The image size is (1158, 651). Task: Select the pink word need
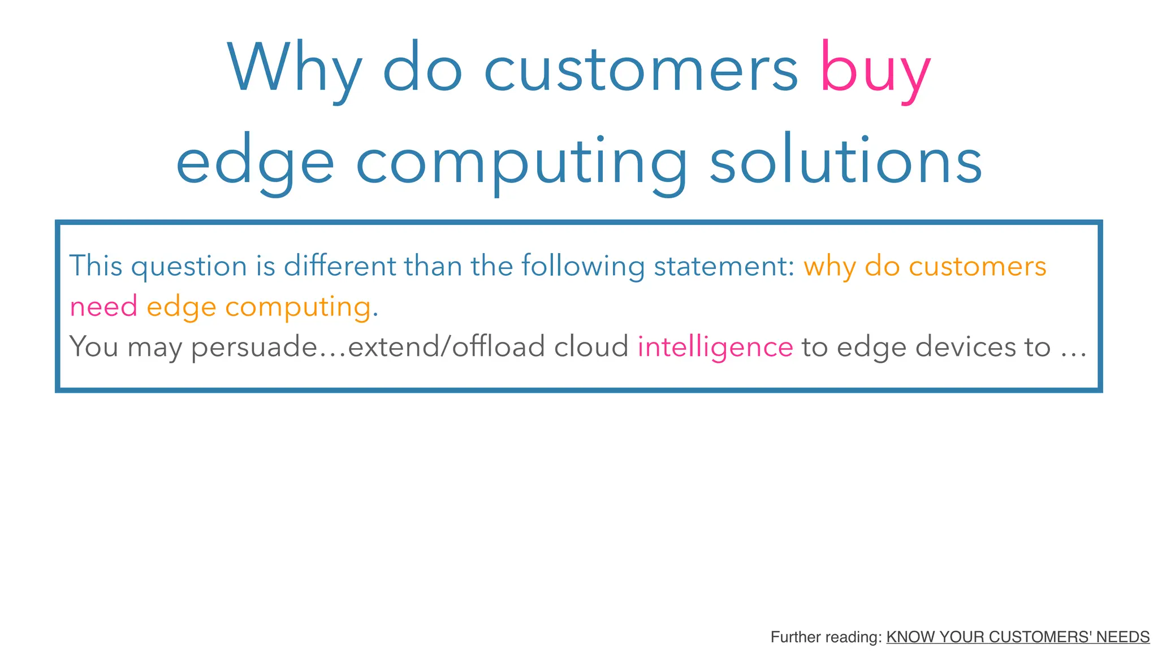pyautogui.click(x=103, y=307)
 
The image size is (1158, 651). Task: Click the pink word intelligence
pyautogui.click(x=715, y=347)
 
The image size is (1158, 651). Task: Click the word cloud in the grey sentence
pyautogui.click(x=591, y=347)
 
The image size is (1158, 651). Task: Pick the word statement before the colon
pyautogui.click(x=720, y=266)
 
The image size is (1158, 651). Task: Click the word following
pyautogui.click(x=582, y=266)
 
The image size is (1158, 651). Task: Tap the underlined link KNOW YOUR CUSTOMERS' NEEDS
pyautogui.click(x=1017, y=637)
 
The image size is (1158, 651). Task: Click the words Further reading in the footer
pyautogui.click(x=824, y=637)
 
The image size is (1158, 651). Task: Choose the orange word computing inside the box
pyautogui.click(x=298, y=307)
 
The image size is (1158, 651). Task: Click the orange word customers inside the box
pyautogui.click(x=977, y=266)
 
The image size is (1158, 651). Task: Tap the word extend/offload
pyautogui.click(x=446, y=347)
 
